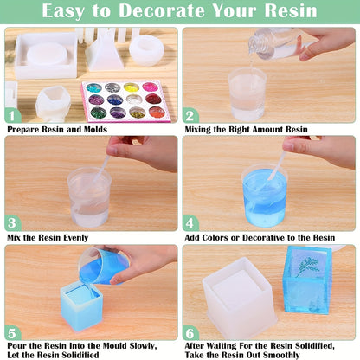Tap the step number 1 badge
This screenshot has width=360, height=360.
12,115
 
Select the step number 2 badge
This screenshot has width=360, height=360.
190,115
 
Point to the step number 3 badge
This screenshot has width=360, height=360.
12,223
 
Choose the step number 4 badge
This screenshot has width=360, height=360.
190,223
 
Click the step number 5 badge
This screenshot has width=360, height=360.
12,333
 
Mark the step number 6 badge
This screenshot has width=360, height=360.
190,333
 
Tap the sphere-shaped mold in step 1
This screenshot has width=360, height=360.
146,51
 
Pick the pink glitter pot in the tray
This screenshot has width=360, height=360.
150,87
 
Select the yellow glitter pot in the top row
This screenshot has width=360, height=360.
131,87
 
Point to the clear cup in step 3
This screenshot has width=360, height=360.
89,197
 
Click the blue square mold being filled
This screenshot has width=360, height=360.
81,306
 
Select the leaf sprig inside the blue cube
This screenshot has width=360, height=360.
308,268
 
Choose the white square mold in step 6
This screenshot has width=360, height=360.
240,298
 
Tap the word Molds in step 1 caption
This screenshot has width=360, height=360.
95,129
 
